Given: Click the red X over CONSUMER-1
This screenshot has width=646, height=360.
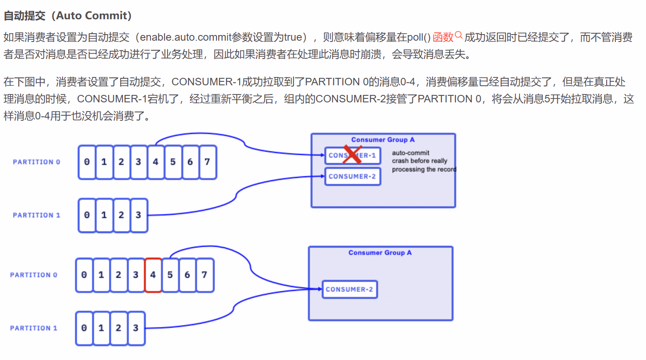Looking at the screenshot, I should pos(352,154).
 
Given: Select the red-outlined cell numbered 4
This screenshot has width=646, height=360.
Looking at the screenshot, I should pos(153,275).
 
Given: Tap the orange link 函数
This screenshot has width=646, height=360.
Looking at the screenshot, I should pos(443,38).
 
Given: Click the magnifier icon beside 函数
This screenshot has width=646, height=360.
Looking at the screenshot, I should pos(459,35).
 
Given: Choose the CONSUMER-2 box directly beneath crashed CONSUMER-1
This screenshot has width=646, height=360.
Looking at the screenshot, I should pos(353,176).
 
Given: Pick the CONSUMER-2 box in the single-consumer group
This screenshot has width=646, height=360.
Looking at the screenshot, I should pos(349,289).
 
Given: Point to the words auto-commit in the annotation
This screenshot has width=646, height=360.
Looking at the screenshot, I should pos(410,153).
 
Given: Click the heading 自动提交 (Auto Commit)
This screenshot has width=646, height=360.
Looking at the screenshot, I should pos(68,16).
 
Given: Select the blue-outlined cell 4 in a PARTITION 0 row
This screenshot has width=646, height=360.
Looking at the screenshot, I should pos(156,162).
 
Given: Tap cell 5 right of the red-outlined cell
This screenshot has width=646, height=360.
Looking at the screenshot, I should pos(170,275).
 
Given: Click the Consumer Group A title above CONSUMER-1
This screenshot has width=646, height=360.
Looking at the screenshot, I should pos(383,140).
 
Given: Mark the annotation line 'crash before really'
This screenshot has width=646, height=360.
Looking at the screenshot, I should pos(419,161).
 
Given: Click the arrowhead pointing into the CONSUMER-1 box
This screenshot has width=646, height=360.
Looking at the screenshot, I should pos(322,154).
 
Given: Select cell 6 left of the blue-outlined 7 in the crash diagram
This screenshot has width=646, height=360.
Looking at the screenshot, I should pos(190,162).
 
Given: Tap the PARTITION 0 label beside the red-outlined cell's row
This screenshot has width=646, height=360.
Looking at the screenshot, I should pos(34,275).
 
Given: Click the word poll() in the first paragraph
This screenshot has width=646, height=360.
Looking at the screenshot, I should pos(419,38).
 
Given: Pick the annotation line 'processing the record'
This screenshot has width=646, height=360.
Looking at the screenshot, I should pos(423,169).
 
